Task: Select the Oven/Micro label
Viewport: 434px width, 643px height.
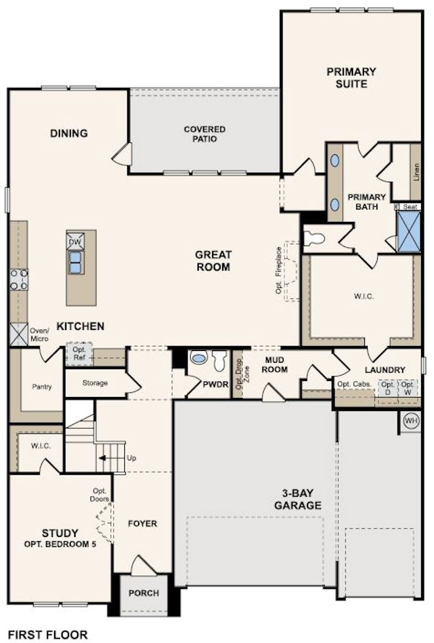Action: [x=39, y=335]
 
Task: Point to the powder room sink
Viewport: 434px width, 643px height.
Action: [x=199, y=358]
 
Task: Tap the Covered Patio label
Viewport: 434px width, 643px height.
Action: [x=204, y=133]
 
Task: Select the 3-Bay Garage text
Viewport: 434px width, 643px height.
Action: [x=297, y=498]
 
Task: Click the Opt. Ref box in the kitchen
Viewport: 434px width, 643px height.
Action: [x=79, y=353]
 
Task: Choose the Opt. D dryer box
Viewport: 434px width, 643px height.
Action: [x=387, y=388]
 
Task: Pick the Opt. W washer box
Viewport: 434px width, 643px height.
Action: [x=408, y=388]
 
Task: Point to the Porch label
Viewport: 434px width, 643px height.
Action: [x=144, y=593]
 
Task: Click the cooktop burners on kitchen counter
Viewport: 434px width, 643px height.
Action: [x=18, y=280]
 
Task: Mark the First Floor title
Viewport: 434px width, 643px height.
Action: [x=48, y=635]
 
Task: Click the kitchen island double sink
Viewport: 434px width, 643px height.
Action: [x=76, y=262]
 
